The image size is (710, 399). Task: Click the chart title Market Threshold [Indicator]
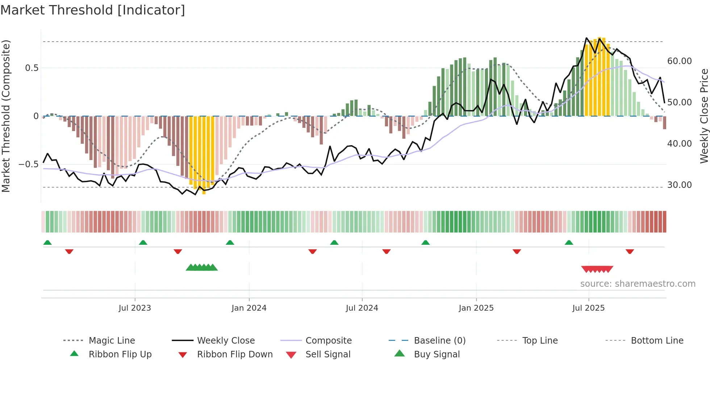pyautogui.click(x=93, y=10)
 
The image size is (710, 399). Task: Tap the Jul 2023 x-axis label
pyautogui.click(x=135, y=308)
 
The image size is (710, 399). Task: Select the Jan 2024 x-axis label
pyautogui.click(x=249, y=308)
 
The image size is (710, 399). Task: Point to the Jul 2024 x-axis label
pyautogui.click(x=362, y=308)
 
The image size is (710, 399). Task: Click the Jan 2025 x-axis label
pyautogui.click(x=476, y=308)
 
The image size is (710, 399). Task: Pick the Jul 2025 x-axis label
pyautogui.click(x=589, y=308)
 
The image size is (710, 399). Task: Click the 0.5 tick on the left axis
pyautogui.click(x=32, y=68)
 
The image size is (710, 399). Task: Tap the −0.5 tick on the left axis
pyautogui.click(x=28, y=164)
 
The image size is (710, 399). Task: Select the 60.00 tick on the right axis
pyautogui.click(x=680, y=61)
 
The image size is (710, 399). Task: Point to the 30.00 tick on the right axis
pyautogui.click(x=680, y=185)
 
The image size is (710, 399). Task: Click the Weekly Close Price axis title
pyautogui.click(x=704, y=116)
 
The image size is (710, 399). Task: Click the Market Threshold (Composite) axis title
pyautogui.click(x=6, y=116)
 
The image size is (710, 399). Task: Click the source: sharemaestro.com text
pyautogui.click(x=638, y=284)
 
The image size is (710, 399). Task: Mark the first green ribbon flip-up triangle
pyautogui.click(x=47, y=243)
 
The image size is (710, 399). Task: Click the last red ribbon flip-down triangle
pyautogui.click(x=630, y=251)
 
